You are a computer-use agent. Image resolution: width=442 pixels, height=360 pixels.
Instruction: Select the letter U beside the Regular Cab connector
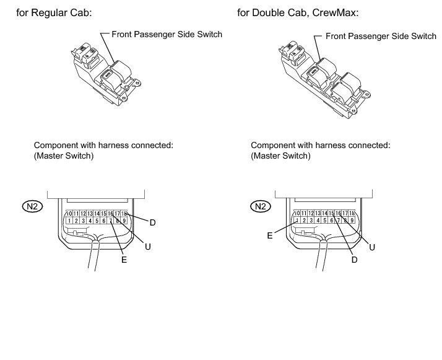pos(148,246)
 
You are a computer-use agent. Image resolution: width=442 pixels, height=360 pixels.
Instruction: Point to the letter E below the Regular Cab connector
pos(124,260)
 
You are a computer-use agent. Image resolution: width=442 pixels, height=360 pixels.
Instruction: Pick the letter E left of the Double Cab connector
pos(270,235)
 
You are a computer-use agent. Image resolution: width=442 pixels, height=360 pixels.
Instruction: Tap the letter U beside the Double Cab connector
pos(372,246)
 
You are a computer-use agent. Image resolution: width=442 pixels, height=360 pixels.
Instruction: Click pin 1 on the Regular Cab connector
pos(70,221)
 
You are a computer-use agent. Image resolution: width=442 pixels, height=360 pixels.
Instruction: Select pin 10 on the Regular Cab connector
pos(70,214)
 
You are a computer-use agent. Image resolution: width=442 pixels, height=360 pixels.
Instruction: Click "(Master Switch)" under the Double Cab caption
pos(280,156)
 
